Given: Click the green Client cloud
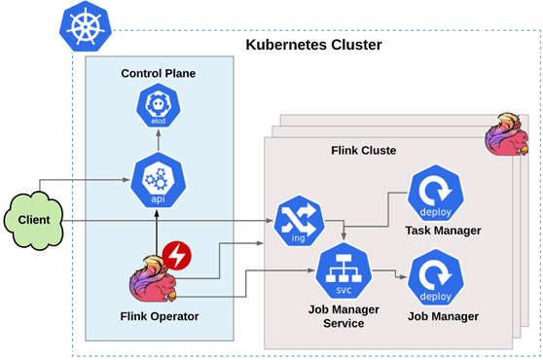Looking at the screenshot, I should pos(35,217).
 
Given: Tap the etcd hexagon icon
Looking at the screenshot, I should pos(157,108).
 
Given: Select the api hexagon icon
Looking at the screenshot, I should pos(157,180).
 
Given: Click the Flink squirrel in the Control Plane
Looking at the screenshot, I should pos(155,279).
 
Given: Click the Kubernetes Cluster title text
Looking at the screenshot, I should pos(312,45).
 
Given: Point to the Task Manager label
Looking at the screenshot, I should pos(443,231).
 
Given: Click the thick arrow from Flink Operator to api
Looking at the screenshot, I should pos(157,229).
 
